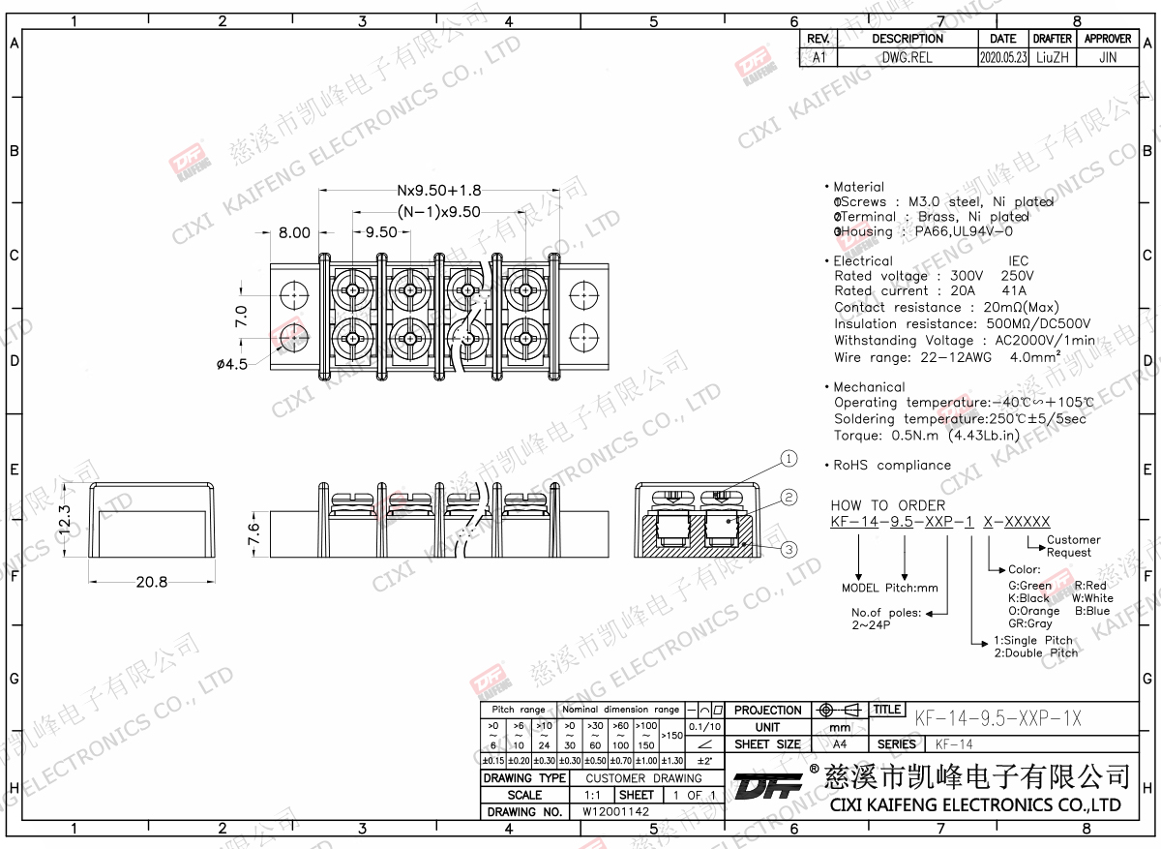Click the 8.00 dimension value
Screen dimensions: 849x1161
click(x=294, y=232)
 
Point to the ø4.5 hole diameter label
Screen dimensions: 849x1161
click(x=233, y=364)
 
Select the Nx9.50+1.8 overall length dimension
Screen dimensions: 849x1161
click(x=438, y=191)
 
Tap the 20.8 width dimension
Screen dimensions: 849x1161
click(x=152, y=582)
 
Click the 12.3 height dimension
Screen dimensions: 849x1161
click(x=66, y=521)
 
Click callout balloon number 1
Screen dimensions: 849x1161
click(x=789, y=459)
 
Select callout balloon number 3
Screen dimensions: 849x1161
click(x=789, y=550)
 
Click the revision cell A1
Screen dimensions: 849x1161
click(x=819, y=57)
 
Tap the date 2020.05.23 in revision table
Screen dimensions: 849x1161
click(x=1002, y=57)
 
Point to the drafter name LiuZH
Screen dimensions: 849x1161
click(x=1052, y=57)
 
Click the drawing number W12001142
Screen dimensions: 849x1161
click(x=615, y=812)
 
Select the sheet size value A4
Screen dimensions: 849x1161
click(x=839, y=744)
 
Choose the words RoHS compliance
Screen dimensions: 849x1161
click(x=892, y=466)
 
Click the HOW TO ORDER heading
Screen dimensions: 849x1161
click(x=887, y=505)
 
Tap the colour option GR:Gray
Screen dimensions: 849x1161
click(x=1030, y=623)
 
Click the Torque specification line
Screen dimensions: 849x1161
click(x=927, y=436)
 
